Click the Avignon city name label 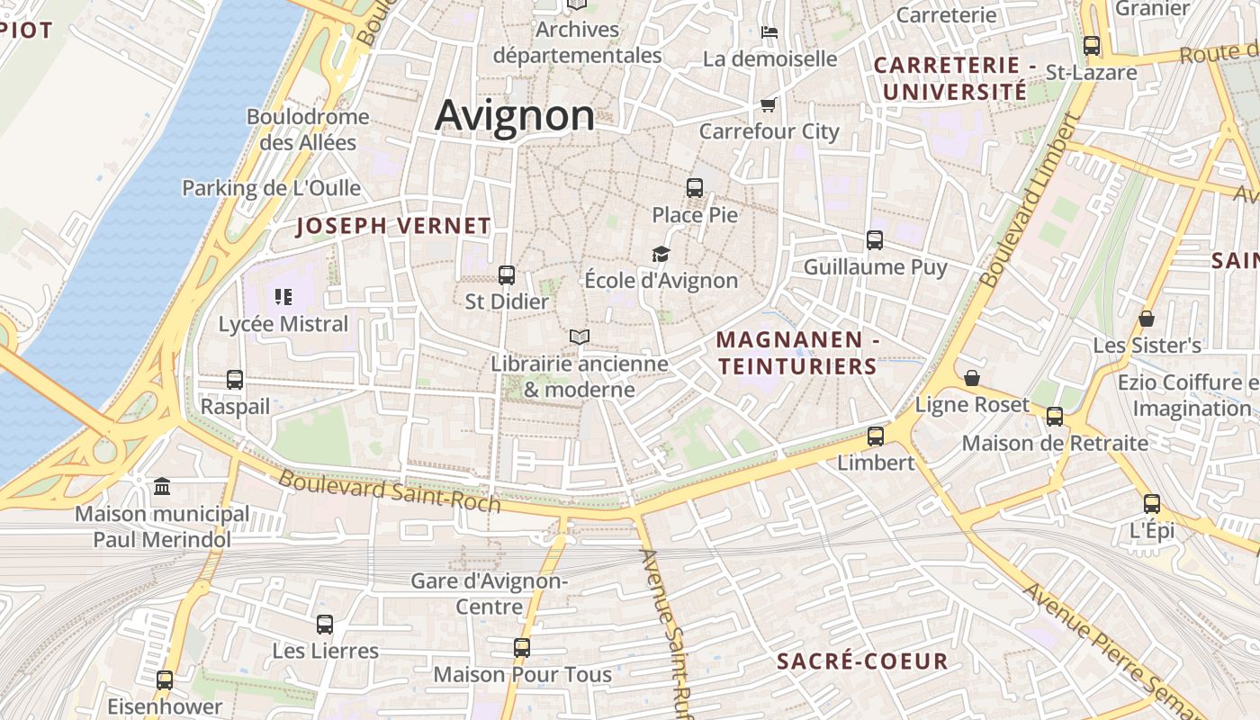(515, 116)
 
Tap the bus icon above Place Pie (695, 187)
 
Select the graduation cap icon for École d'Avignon (661, 254)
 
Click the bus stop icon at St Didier (507, 274)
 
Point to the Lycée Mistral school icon (283, 296)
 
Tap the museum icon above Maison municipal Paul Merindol (162, 487)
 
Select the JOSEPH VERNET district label (393, 226)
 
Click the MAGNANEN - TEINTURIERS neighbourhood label (797, 353)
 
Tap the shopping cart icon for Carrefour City (769, 104)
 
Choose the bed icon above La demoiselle (769, 32)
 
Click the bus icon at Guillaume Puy (875, 239)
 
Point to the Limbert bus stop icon (876, 436)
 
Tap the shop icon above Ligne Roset (972, 378)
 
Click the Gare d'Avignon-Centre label (490, 593)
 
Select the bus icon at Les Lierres (325, 624)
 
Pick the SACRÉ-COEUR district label (862, 661)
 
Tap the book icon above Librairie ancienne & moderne (580, 337)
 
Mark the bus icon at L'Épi (1152, 503)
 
